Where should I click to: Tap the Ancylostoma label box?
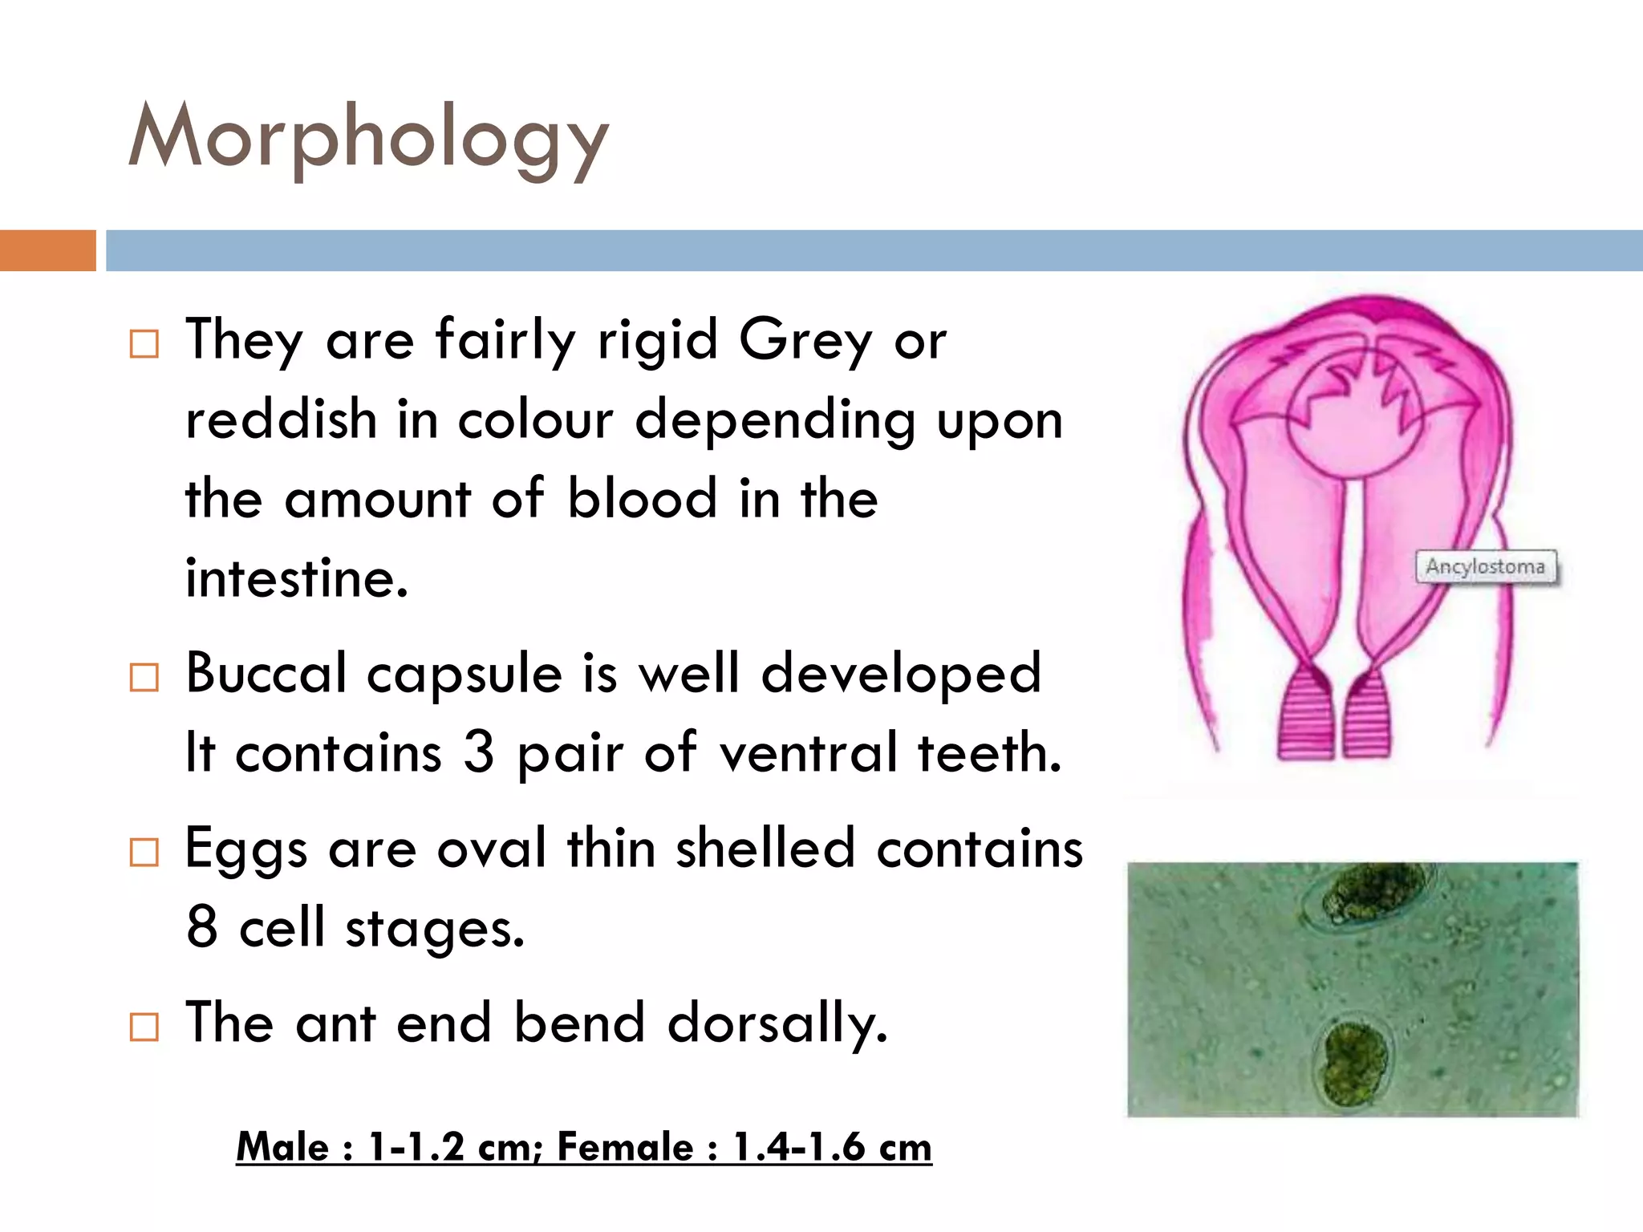pos(1485,567)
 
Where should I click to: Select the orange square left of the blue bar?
pos(47,250)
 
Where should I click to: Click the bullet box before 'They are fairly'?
pos(144,344)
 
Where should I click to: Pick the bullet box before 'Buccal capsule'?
pos(144,678)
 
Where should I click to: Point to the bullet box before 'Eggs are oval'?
pos(144,853)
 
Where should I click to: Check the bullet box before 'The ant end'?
pos(144,1027)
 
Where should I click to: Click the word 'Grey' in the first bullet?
pos(805,342)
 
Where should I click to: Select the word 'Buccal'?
pos(266,674)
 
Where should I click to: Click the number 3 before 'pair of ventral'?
pos(479,752)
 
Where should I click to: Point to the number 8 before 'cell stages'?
pos(202,926)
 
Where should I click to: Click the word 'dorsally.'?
pos(777,1024)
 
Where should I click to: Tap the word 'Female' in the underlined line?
pos(626,1147)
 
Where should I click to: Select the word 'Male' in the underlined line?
pos(282,1147)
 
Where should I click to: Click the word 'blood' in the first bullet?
pos(642,499)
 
